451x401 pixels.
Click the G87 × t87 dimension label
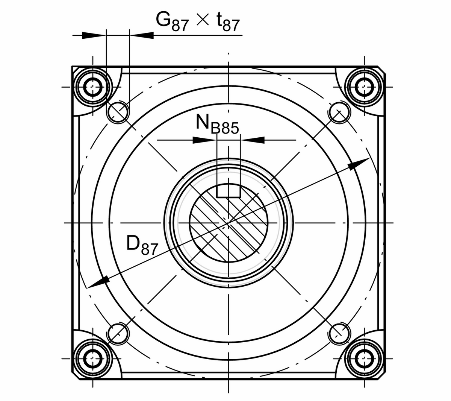point(198,21)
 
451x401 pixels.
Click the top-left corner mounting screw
point(93,87)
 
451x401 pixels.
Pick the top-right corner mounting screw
point(365,87)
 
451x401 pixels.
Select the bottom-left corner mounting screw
point(93,358)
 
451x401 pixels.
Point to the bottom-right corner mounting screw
point(365,358)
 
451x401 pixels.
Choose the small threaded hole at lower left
point(118,334)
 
